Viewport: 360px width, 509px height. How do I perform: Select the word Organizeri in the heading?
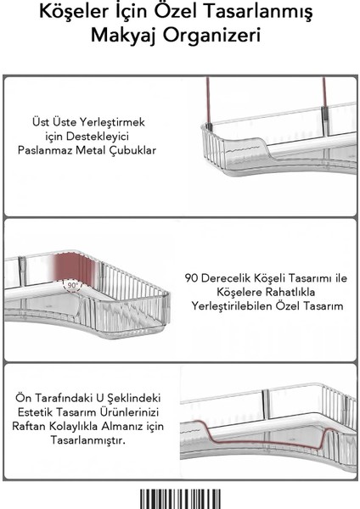click(214, 40)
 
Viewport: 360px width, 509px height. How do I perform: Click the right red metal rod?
click(323, 98)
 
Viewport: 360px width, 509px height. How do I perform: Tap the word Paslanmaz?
click(76, 152)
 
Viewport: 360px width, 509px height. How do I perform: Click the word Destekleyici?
click(111, 137)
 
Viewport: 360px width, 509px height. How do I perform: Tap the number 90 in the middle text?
click(192, 277)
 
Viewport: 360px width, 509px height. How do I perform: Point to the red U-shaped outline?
click(255, 441)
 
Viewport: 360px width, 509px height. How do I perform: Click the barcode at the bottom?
click(179, 497)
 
